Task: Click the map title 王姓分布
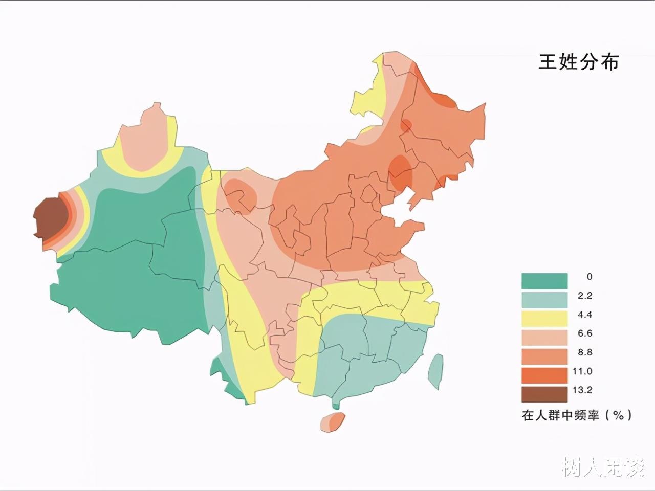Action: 578,62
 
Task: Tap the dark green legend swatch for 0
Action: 544,281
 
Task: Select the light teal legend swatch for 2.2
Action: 544,300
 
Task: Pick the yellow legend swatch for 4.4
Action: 544,319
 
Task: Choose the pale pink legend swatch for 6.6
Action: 544,338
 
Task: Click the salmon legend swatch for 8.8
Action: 544,356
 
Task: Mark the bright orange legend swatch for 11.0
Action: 544,375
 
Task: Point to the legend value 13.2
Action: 582,390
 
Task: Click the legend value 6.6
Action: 584,333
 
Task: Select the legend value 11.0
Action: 582,371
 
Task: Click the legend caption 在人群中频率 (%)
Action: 577,415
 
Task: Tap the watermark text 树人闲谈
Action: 603,466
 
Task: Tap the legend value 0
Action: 589,277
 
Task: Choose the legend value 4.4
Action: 584,315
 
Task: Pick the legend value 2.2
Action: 584,296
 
